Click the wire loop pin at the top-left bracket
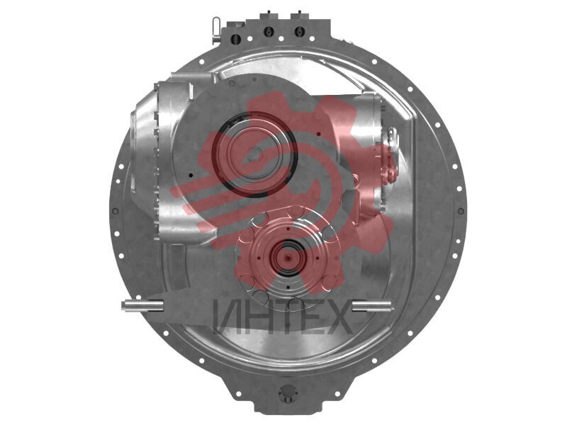(x=216, y=29)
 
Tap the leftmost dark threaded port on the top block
(x=236, y=38)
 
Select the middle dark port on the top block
(x=268, y=32)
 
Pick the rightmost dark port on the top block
(x=298, y=32)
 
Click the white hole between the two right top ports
(x=281, y=38)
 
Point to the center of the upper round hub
(x=256, y=153)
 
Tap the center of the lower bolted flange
(x=288, y=258)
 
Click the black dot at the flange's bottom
(x=288, y=288)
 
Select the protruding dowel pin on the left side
(x=142, y=305)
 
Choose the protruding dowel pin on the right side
(x=371, y=305)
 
